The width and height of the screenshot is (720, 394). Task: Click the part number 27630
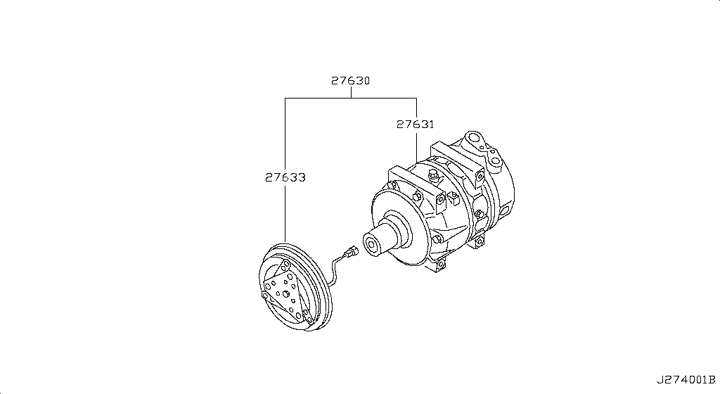point(350,81)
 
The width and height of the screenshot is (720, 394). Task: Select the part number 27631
point(415,124)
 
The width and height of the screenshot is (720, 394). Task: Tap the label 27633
point(285,177)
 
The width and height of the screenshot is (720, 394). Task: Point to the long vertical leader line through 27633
point(285,211)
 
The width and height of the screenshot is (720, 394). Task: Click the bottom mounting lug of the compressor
point(440,265)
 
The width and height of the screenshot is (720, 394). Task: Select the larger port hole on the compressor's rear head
point(478,138)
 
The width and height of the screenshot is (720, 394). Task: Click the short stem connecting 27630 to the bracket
point(350,93)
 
